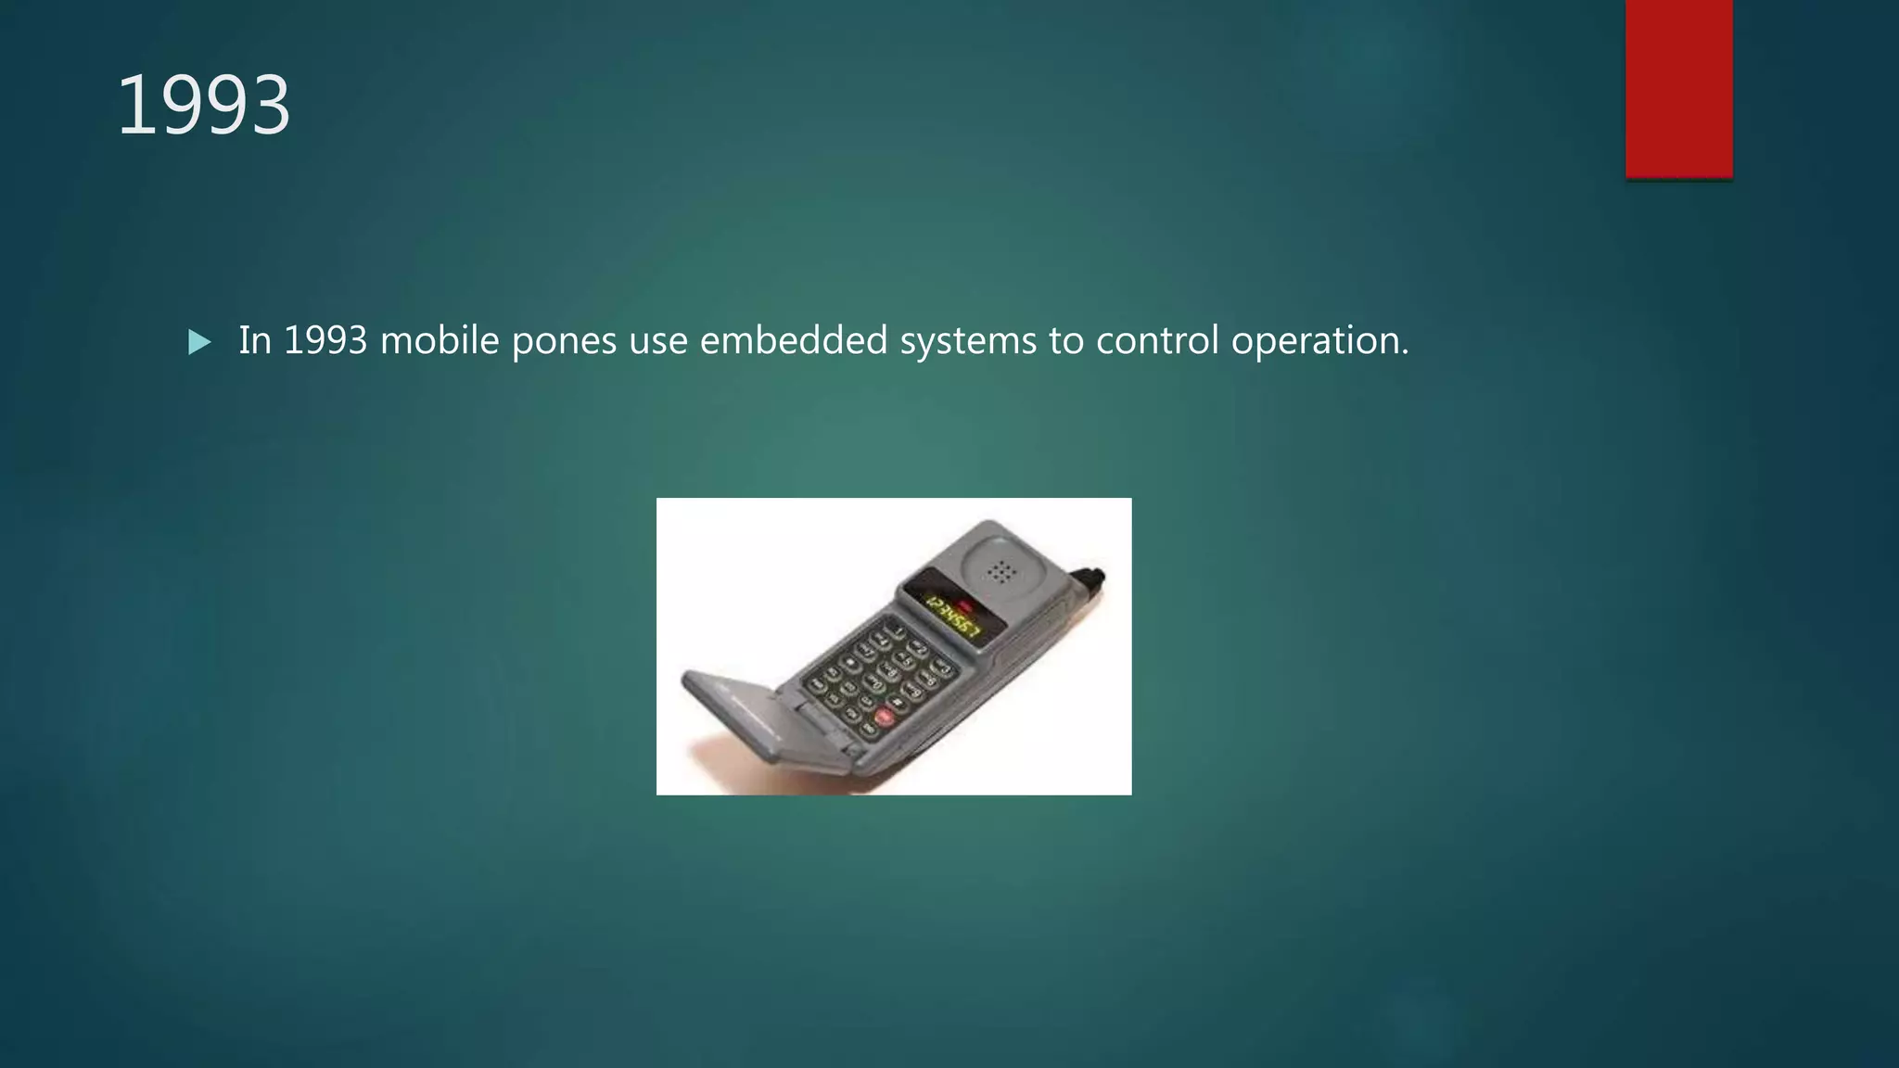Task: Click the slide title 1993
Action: (x=204, y=106)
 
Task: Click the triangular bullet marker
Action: (x=198, y=343)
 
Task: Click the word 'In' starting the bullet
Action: (x=255, y=340)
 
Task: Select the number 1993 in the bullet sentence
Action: (x=325, y=340)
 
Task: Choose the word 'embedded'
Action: (x=794, y=340)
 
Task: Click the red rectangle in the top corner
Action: (x=1678, y=89)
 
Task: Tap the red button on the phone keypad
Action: (x=884, y=715)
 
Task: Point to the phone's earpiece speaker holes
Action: (x=1000, y=571)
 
